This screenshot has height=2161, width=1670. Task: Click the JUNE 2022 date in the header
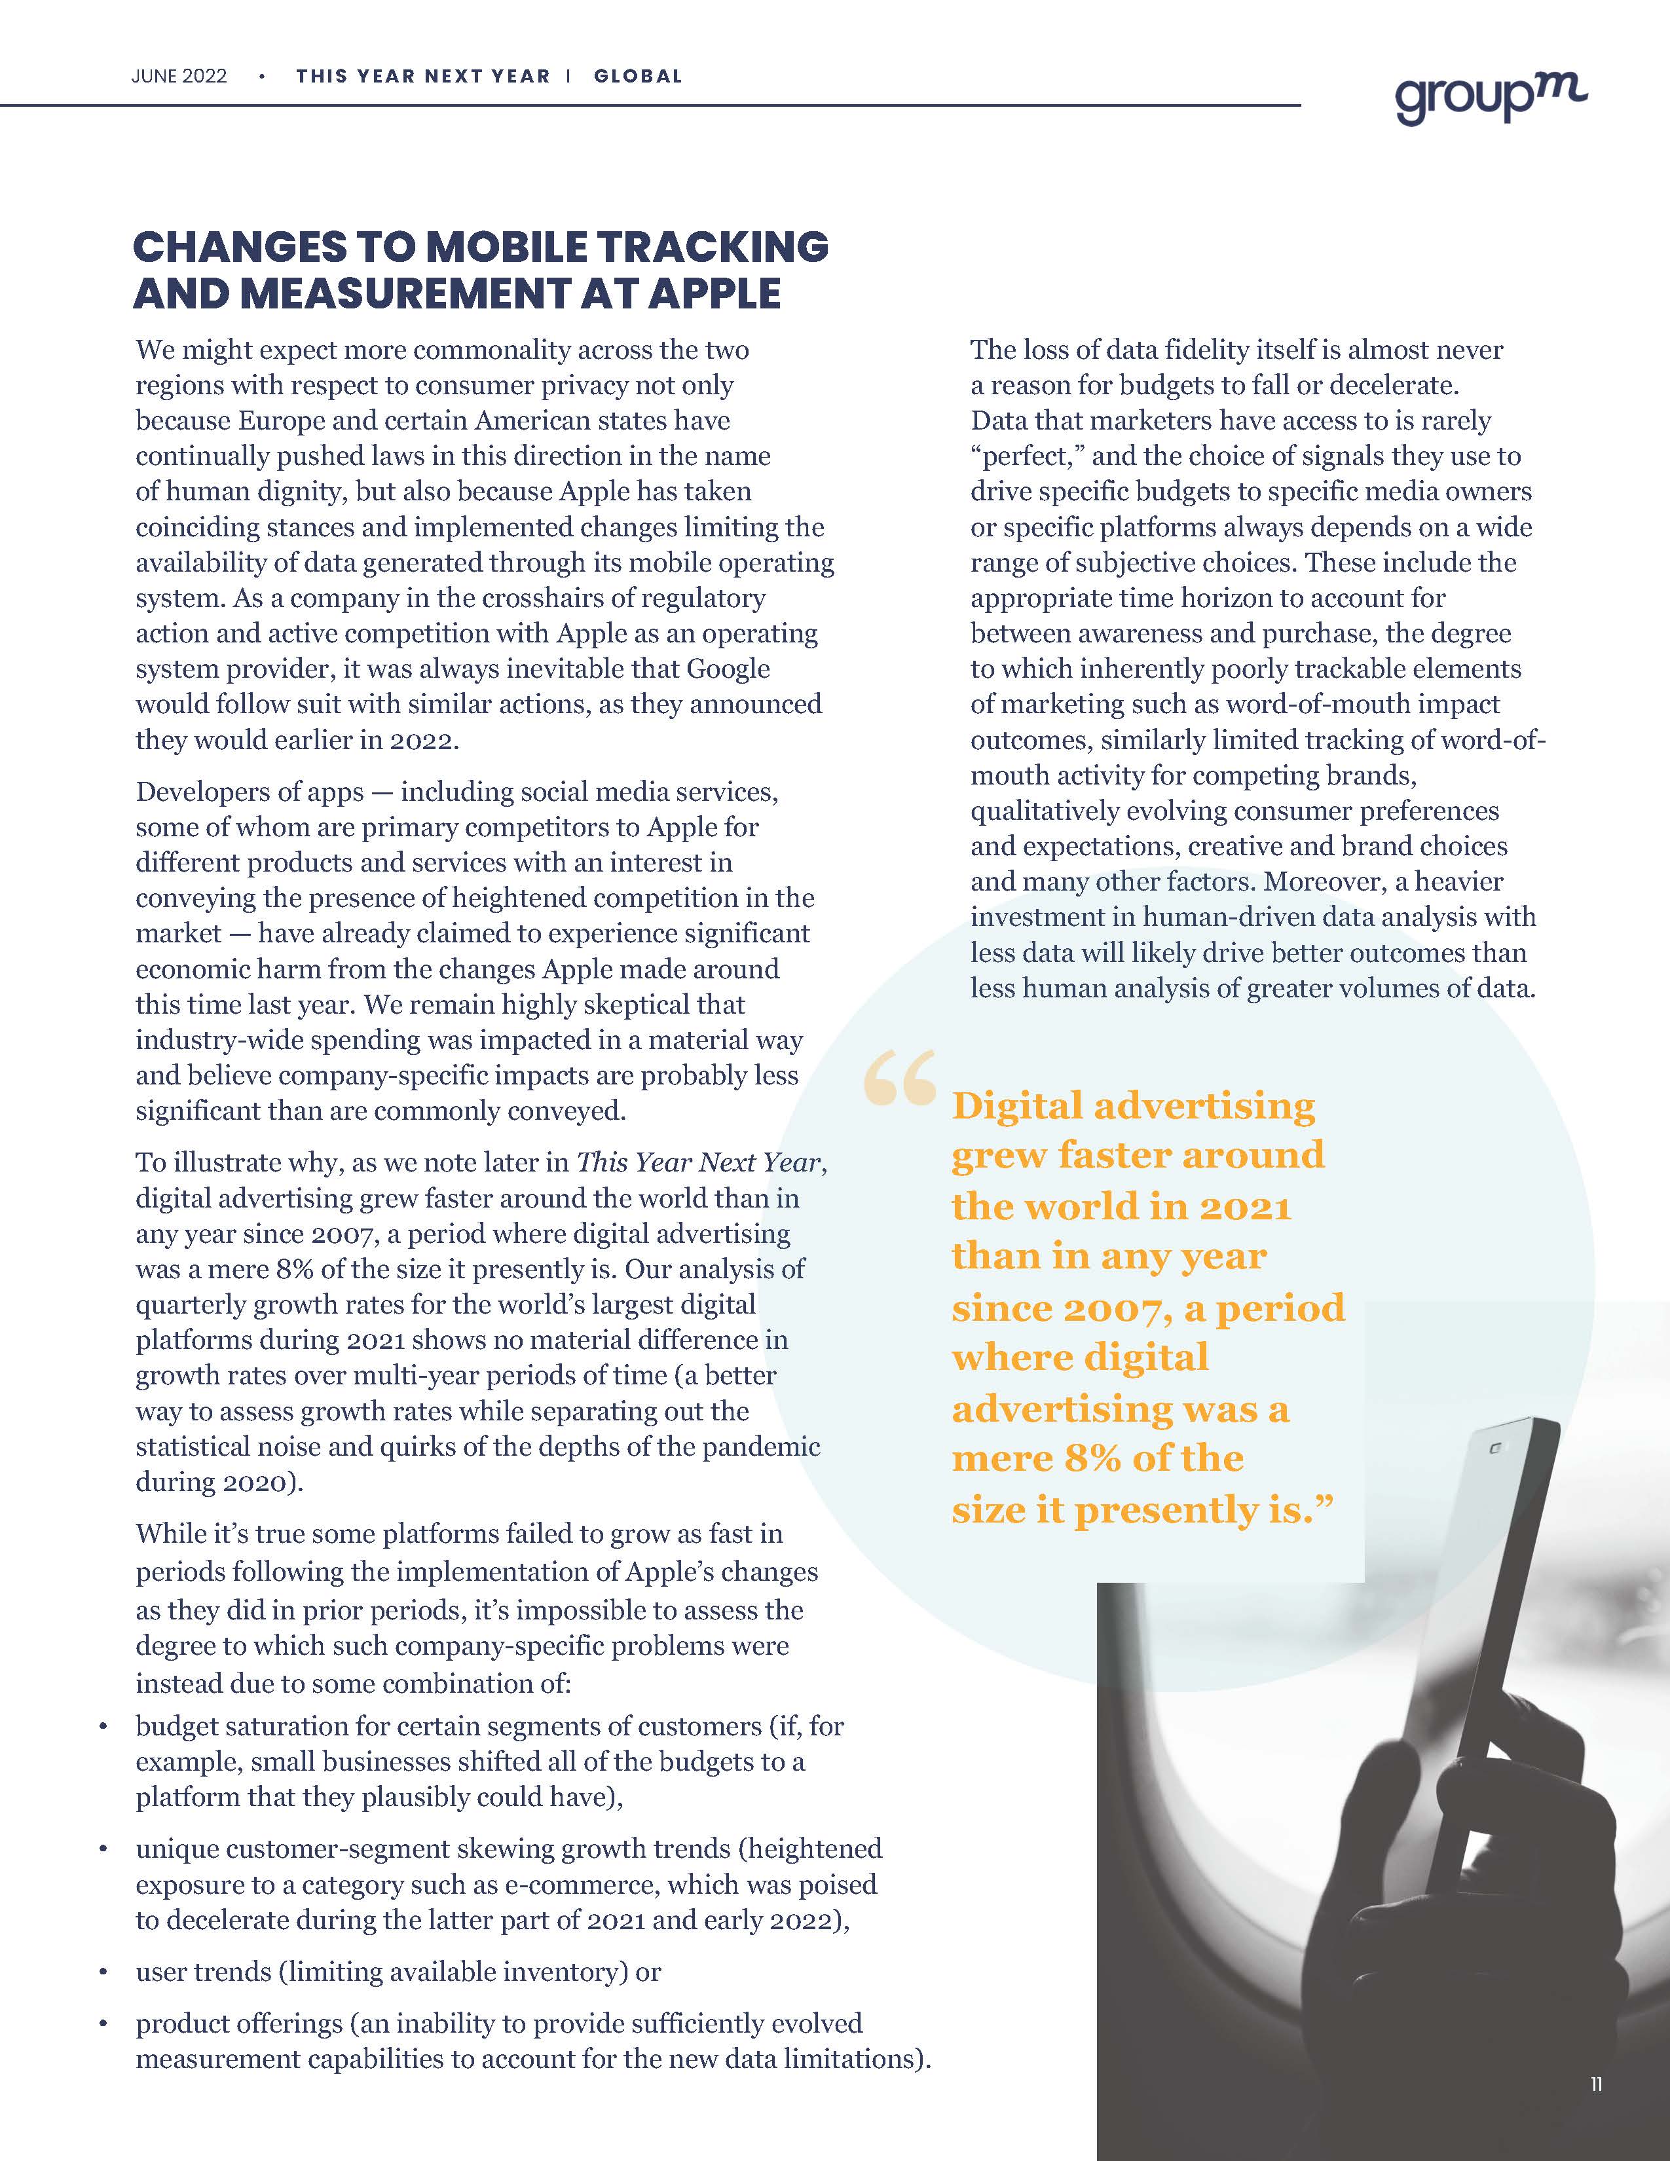tap(179, 76)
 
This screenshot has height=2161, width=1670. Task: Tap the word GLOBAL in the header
tap(638, 76)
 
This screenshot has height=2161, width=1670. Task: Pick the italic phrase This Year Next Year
tap(699, 1162)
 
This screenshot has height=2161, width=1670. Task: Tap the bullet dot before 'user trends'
tap(103, 1972)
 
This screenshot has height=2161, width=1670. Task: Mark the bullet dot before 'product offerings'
tap(103, 2024)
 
